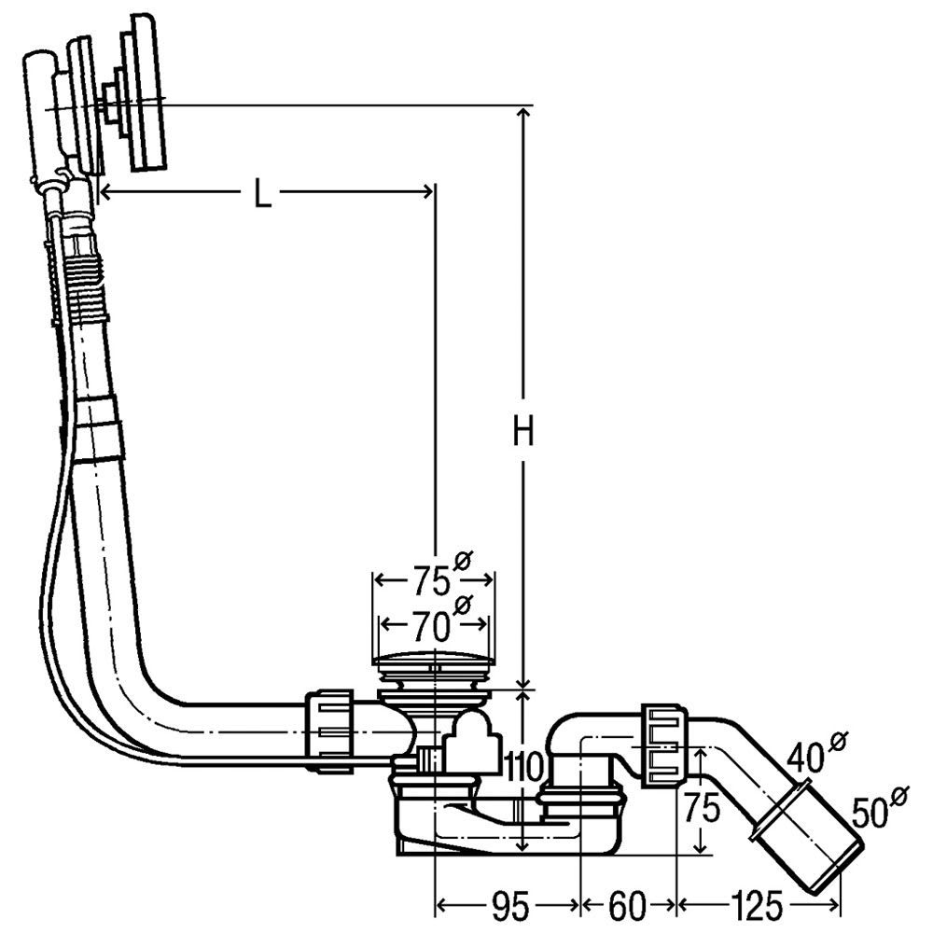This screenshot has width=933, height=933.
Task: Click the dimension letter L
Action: click(x=263, y=193)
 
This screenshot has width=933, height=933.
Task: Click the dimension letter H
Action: click(x=525, y=432)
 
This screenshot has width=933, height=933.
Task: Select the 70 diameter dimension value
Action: click(x=429, y=622)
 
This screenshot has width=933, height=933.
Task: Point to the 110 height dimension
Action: click(x=523, y=767)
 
